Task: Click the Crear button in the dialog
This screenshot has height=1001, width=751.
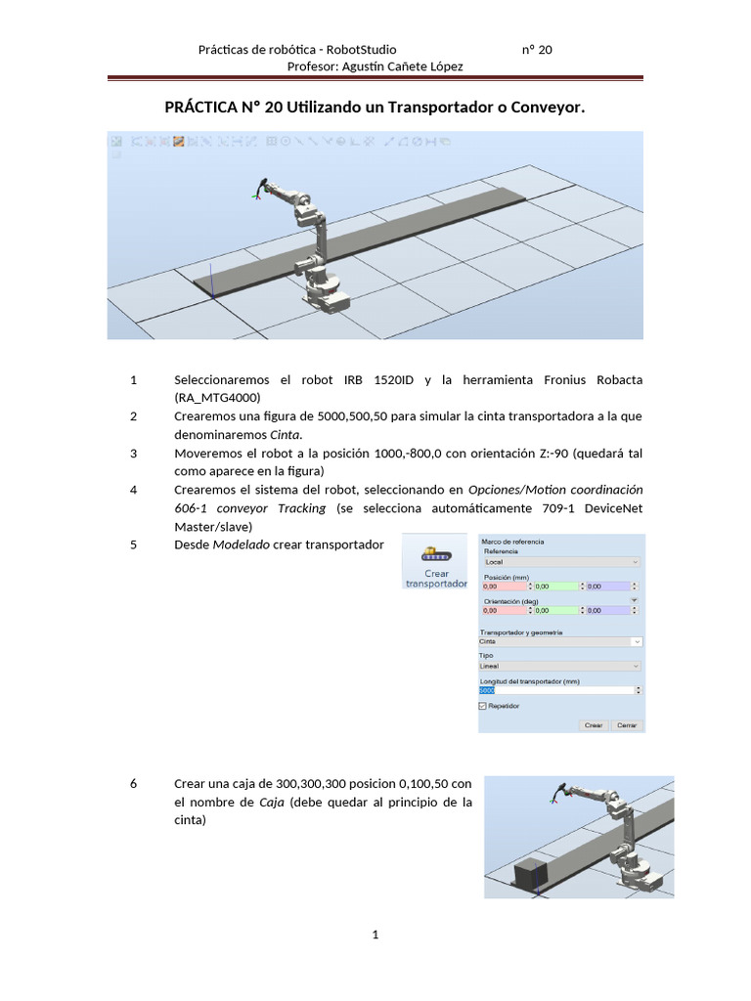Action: (594, 725)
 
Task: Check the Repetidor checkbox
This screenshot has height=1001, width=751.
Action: (483, 705)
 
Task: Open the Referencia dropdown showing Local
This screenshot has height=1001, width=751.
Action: (561, 562)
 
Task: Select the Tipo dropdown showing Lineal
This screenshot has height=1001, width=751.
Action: (561, 666)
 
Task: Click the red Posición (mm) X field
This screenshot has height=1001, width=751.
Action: (502, 587)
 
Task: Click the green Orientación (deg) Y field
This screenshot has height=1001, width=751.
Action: (554, 610)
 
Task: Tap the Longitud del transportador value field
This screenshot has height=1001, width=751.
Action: (561, 690)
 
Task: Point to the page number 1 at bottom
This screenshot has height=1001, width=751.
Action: (375, 936)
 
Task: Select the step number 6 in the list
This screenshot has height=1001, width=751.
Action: (133, 784)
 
